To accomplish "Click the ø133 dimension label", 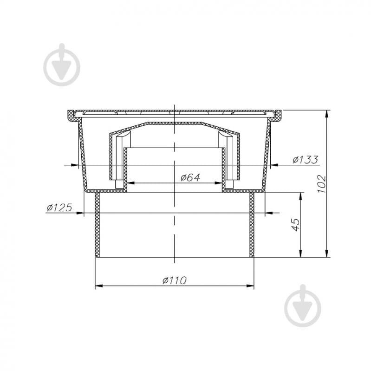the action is pos(306,160).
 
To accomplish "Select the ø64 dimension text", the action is pos(190,177).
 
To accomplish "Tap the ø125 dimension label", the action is pos(59,208).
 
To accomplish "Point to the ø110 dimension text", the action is pos(175,280).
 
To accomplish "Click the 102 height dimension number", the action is pos(322,184).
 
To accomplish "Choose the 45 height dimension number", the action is pos(295,225).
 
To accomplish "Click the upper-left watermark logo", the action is pos(62,65).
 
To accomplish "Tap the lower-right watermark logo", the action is pos(303,306).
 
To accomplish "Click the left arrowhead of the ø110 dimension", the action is pos(99,286).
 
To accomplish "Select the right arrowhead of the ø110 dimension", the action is pos(250,286).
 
